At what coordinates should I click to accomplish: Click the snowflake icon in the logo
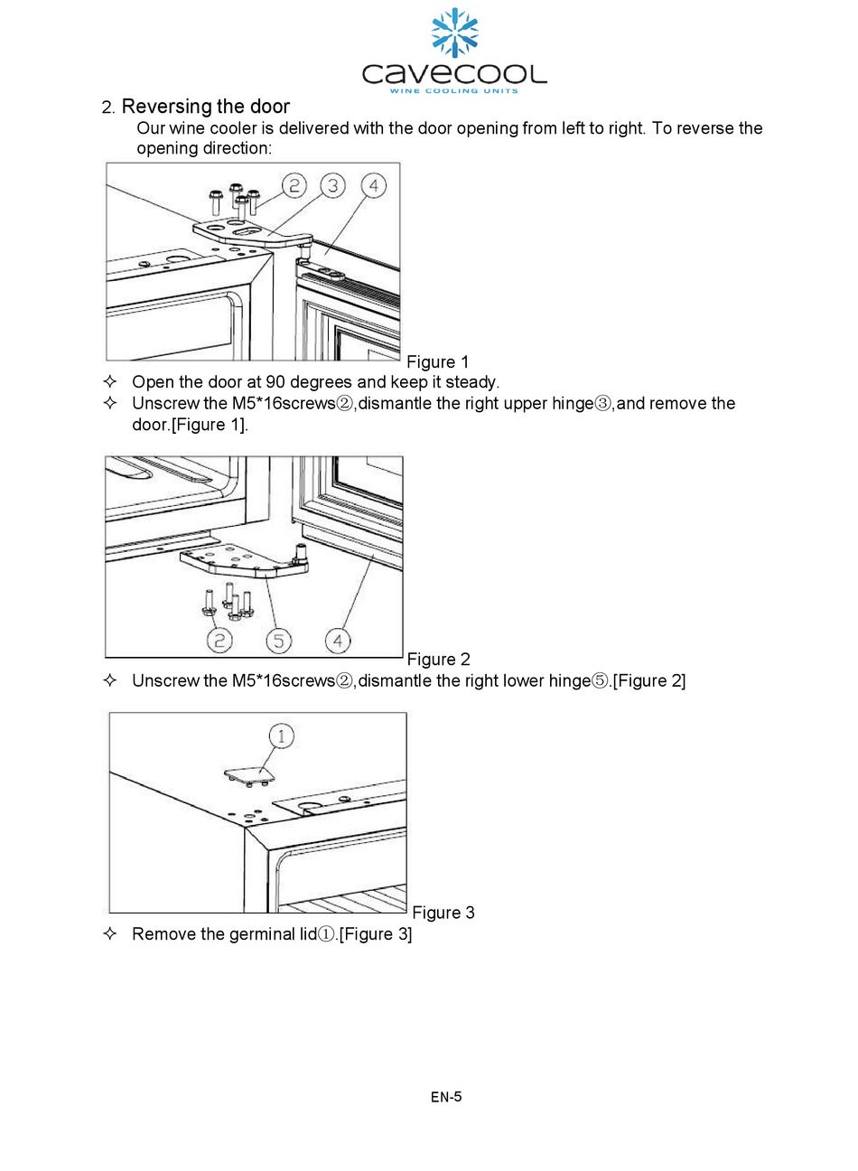pos(454,33)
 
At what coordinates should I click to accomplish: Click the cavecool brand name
pos(454,73)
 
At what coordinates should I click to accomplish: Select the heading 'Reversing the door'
pos(206,107)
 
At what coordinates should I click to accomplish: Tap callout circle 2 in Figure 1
pos(294,186)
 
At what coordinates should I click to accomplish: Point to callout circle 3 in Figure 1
pos(333,186)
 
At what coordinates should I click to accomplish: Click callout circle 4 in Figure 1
pos(373,186)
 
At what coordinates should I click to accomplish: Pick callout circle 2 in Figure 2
pos(219,640)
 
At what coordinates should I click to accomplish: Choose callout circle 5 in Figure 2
pos(278,640)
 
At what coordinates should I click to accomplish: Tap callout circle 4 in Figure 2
pos(337,640)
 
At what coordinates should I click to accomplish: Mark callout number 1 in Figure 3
pos(282,735)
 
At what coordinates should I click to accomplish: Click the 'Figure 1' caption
pos(438,362)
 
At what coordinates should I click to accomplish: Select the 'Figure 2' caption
pos(439,660)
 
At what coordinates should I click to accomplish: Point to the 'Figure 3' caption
pos(443,913)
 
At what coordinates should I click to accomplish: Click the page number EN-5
pos(446,1097)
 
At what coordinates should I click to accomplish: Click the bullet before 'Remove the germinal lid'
pos(111,933)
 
